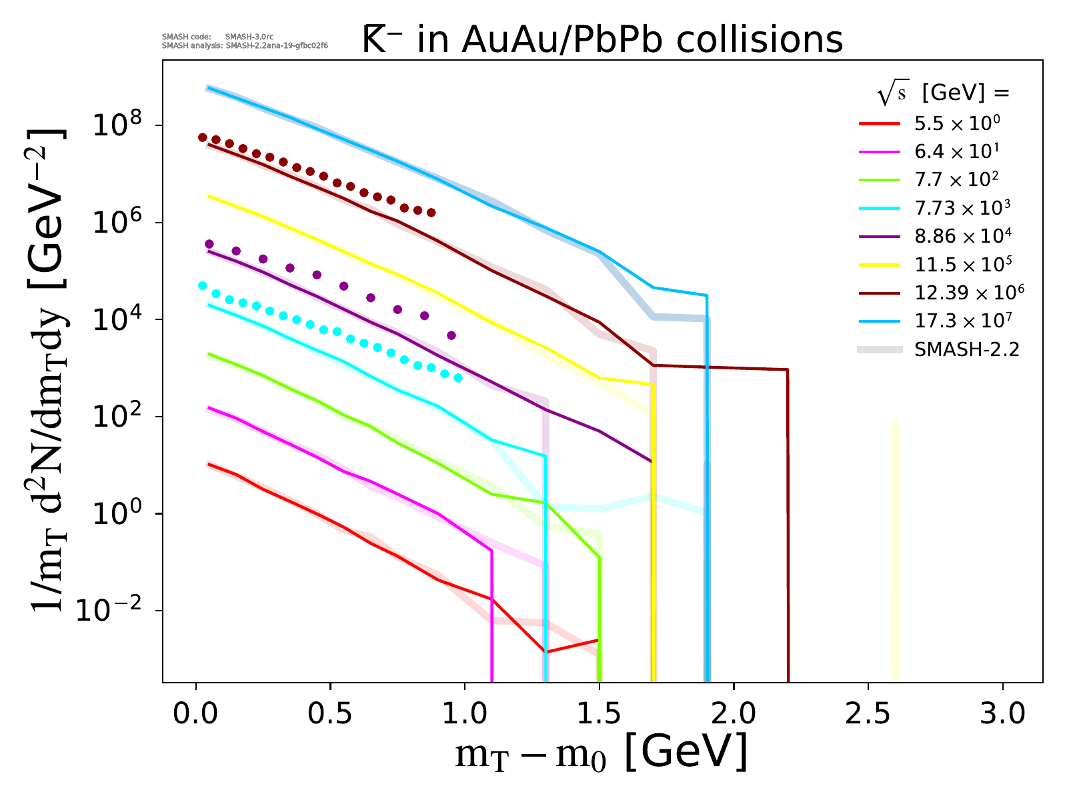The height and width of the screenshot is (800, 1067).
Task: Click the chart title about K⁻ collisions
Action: [602, 40]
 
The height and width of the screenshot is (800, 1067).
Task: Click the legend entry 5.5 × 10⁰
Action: [957, 123]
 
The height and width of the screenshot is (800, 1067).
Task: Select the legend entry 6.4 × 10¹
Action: [957, 151]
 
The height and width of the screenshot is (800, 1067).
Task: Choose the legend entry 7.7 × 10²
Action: [957, 179]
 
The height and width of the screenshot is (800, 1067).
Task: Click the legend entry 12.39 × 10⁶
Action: [969, 292]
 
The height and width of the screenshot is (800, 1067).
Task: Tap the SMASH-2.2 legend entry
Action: [967, 349]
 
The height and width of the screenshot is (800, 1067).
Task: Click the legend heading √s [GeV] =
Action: [943, 93]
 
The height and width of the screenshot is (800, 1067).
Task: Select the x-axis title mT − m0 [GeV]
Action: [601, 753]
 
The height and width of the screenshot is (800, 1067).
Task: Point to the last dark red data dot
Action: [431, 213]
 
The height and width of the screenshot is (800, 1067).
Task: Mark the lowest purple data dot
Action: [451, 335]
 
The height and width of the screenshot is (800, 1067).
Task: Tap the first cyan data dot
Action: [203, 285]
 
